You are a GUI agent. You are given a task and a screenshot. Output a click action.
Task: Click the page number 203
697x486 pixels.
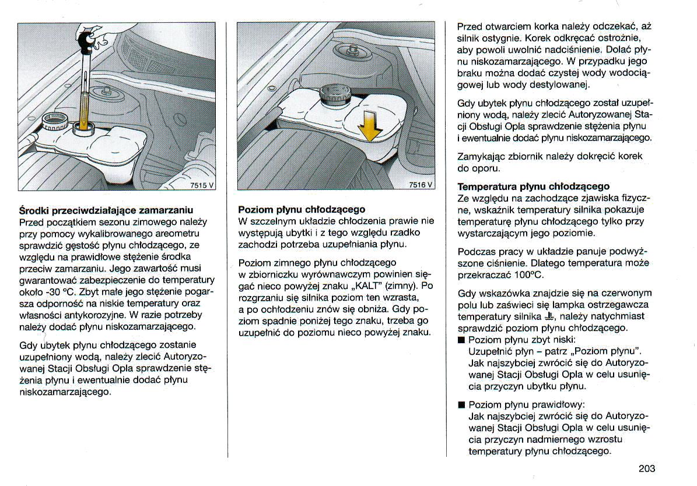647,468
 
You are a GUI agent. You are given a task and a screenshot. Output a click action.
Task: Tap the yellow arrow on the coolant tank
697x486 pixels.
369,125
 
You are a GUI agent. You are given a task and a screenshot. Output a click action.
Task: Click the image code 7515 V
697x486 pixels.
203,185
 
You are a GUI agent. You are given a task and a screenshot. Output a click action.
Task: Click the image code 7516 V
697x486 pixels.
421,185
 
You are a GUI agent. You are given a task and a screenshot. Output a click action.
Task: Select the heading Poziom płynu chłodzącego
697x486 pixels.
302,209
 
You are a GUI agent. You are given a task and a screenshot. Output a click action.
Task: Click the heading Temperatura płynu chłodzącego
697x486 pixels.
534,186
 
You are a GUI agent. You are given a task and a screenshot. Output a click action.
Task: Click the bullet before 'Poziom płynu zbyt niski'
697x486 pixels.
461,340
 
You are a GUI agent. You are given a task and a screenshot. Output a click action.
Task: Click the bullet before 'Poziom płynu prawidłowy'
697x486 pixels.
461,404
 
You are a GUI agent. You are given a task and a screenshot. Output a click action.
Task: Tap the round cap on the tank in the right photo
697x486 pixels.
334,94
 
